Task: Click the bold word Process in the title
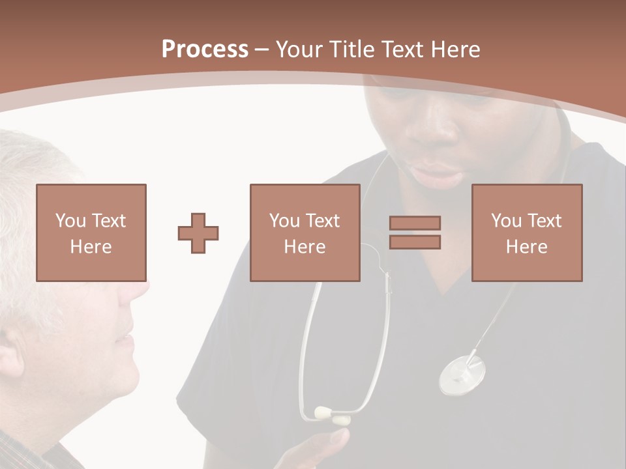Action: click(x=205, y=50)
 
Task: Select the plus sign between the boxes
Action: click(x=198, y=233)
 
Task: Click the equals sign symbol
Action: click(x=415, y=233)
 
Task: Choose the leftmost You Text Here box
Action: click(x=91, y=233)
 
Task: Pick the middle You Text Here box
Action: click(x=305, y=233)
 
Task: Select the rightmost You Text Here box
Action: click(x=526, y=233)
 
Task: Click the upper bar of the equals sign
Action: click(x=415, y=223)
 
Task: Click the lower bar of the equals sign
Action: click(x=415, y=242)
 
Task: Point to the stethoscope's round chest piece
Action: click(x=462, y=374)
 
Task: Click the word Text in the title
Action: click(x=400, y=50)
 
